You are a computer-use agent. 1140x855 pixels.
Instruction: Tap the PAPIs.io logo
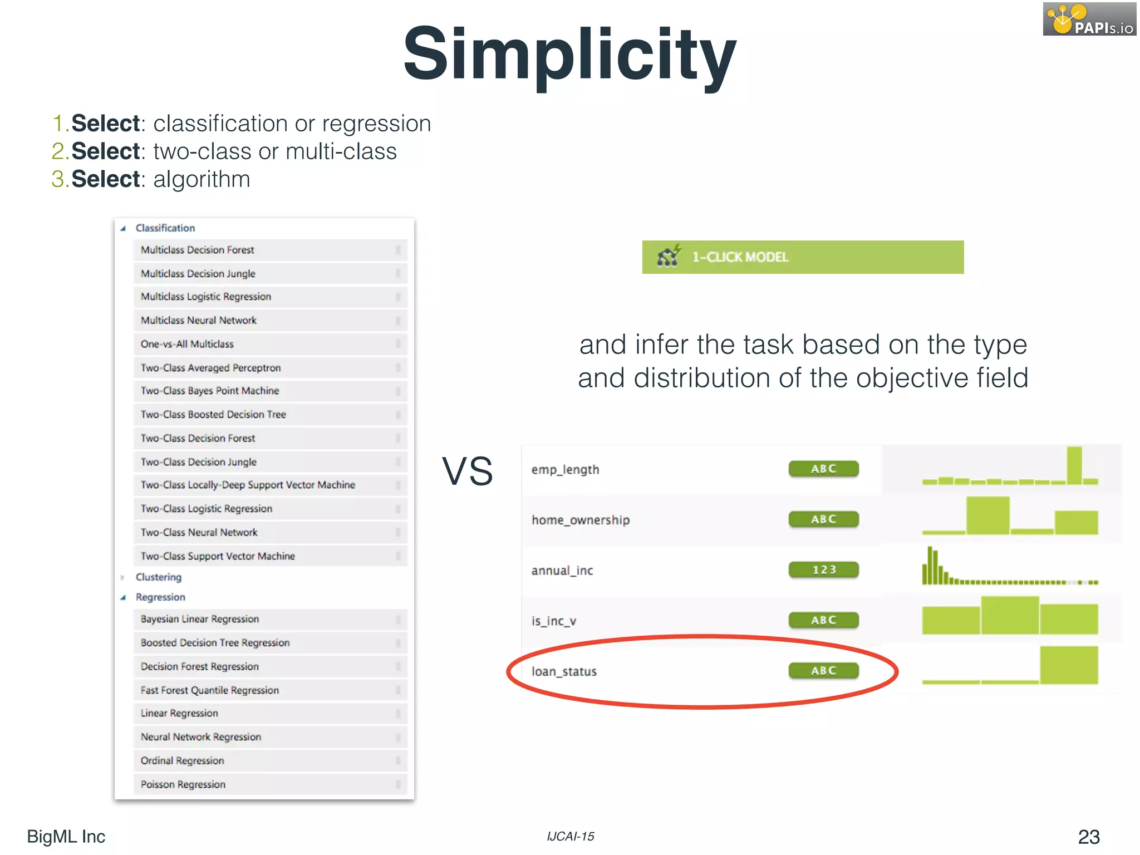[1089, 19]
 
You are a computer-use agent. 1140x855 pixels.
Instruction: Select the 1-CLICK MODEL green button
[803, 257]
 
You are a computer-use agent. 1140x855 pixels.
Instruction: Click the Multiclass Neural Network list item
[199, 321]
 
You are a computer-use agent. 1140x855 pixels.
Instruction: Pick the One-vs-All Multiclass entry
[187, 344]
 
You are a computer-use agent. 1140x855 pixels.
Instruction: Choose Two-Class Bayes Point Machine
[210, 391]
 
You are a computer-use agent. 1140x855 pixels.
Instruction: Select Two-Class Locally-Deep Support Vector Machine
[248, 485]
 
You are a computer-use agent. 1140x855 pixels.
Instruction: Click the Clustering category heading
[159, 577]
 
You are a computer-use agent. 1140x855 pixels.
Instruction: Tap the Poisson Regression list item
[183, 784]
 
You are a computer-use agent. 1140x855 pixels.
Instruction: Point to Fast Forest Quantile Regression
[210, 690]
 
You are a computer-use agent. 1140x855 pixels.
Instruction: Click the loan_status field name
[564, 671]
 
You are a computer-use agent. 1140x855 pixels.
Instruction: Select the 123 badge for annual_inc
[824, 570]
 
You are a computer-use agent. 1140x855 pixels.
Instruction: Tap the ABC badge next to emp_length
[824, 469]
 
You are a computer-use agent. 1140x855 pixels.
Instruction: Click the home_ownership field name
[581, 520]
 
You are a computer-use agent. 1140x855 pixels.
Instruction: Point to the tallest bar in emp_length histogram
[1074, 465]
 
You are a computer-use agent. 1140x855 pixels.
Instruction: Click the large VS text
[467, 471]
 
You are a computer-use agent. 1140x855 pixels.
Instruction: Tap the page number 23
[1088, 837]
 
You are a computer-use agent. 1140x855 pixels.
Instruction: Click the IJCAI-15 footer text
[571, 837]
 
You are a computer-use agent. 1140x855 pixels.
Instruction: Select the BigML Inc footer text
[66, 837]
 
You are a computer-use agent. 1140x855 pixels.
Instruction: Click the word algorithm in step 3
[202, 179]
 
